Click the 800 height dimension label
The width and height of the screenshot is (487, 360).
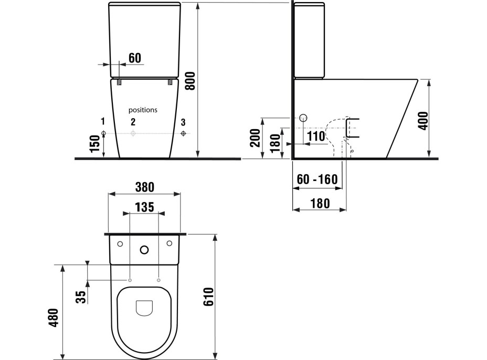pos(190,81)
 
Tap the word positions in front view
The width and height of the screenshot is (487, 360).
pos(143,110)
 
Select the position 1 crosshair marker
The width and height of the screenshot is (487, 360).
pos(104,134)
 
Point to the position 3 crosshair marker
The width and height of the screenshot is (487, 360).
pos(184,134)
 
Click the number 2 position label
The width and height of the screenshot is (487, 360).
pos(133,122)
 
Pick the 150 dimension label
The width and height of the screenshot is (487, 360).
pos(95,143)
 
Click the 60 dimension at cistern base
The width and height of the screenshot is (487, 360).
pos(135,58)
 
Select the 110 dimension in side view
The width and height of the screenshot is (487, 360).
pos(316,136)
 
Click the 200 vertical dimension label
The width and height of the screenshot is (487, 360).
pos(256,138)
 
